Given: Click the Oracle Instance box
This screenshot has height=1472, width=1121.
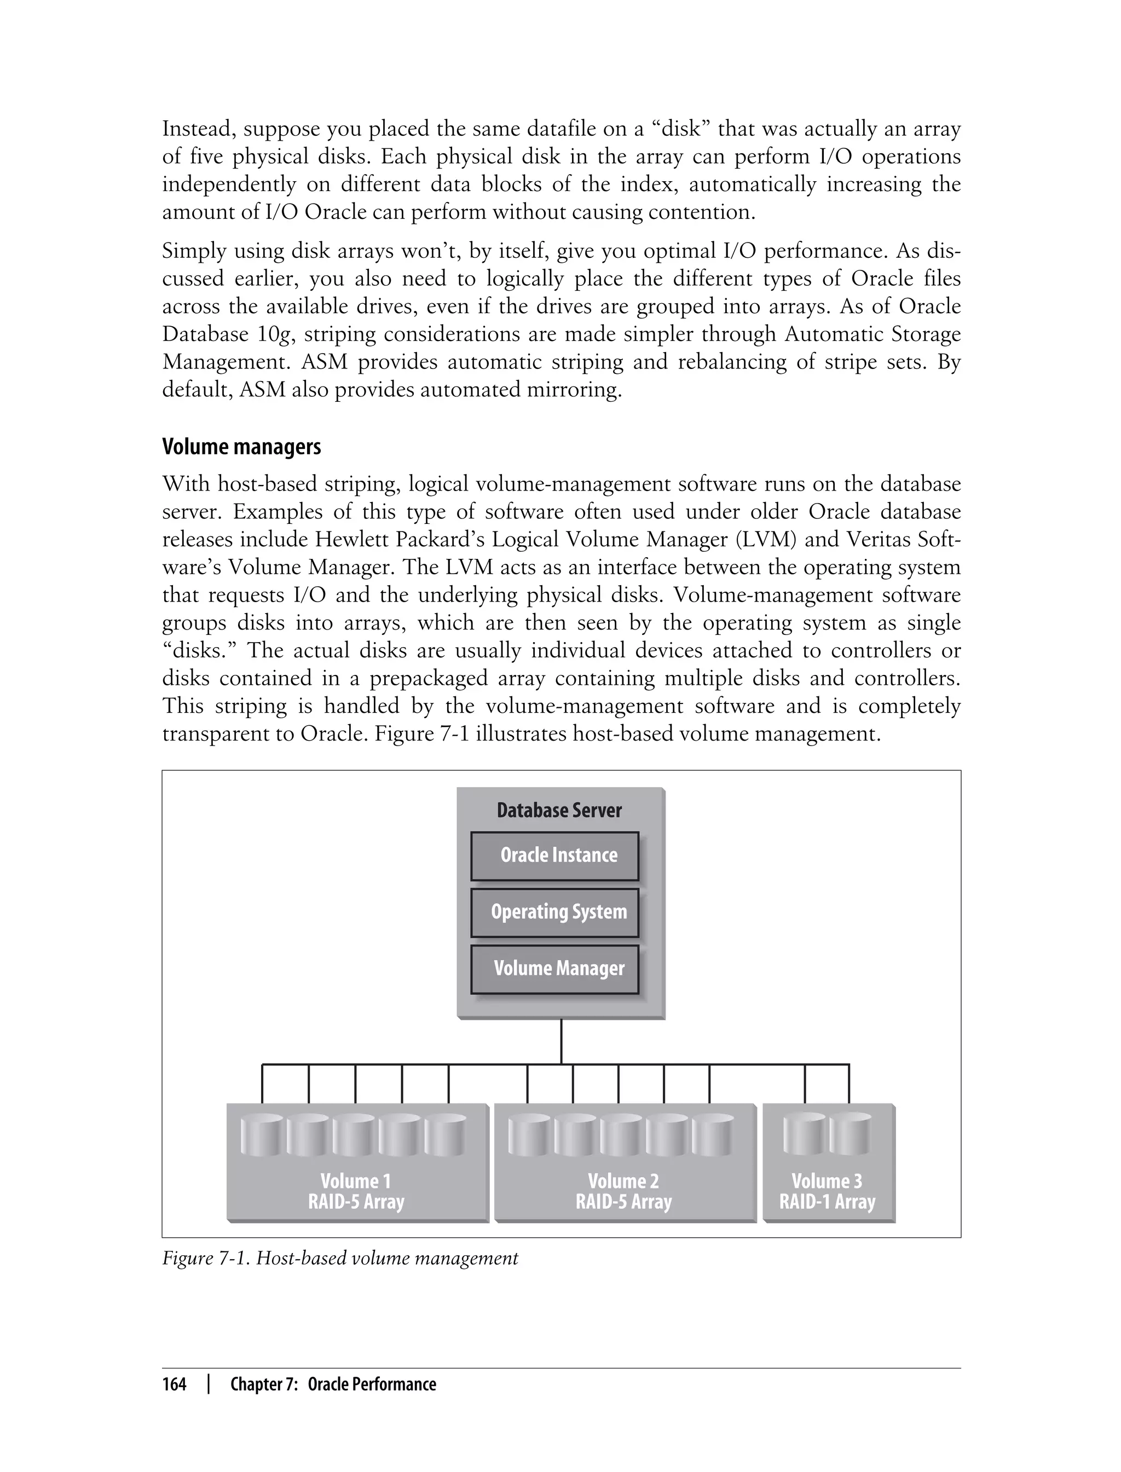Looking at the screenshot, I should (x=554, y=856).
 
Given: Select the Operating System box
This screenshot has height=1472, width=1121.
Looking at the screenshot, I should (x=554, y=912).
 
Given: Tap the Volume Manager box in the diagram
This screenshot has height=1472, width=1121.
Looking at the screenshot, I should (x=554, y=969).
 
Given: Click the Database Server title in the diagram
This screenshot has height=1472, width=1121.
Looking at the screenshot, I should (x=559, y=810).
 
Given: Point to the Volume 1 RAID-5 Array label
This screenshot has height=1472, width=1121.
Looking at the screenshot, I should (x=356, y=1191).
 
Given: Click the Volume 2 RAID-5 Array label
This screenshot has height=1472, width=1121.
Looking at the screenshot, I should (x=623, y=1191).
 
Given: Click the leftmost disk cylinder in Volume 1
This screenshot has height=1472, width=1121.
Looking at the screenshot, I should (x=261, y=1136).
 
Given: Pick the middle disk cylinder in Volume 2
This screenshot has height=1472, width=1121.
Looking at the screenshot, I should (x=620, y=1136).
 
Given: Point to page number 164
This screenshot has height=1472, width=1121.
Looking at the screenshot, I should (x=174, y=1384).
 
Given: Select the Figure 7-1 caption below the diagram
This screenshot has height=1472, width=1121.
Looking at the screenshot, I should (x=339, y=1259).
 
